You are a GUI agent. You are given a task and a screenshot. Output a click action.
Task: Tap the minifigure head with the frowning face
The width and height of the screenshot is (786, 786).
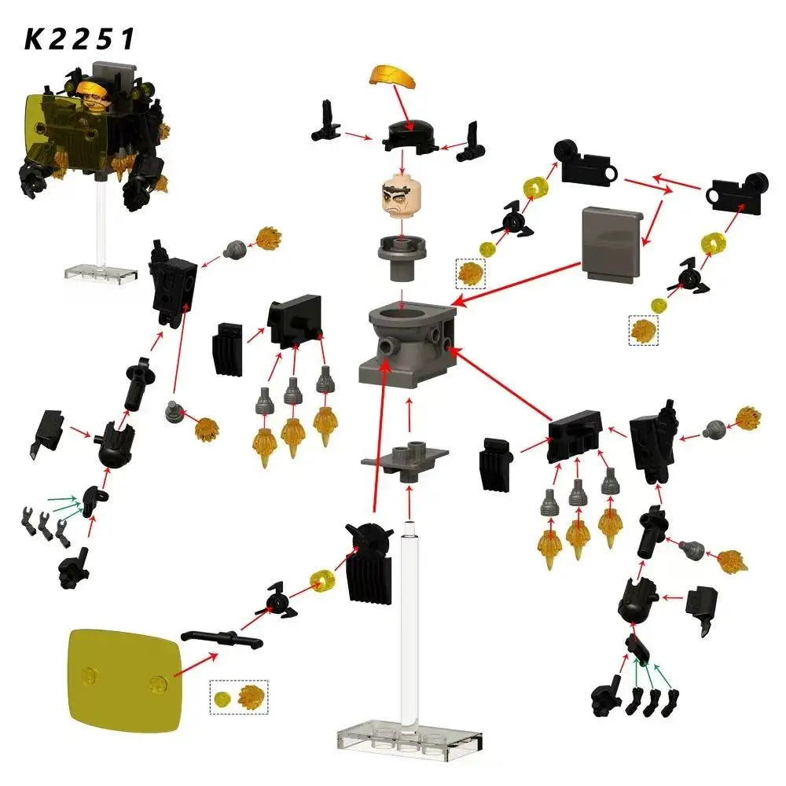click(x=402, y=198)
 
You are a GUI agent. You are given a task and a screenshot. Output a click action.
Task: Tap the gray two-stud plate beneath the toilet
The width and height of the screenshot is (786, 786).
click(x=404, y=460)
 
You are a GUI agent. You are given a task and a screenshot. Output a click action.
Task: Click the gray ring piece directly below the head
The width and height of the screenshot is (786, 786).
click(x=402, y=255)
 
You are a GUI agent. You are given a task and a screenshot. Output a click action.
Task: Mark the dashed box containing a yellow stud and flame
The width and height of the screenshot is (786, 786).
click(x=239, y=697)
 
